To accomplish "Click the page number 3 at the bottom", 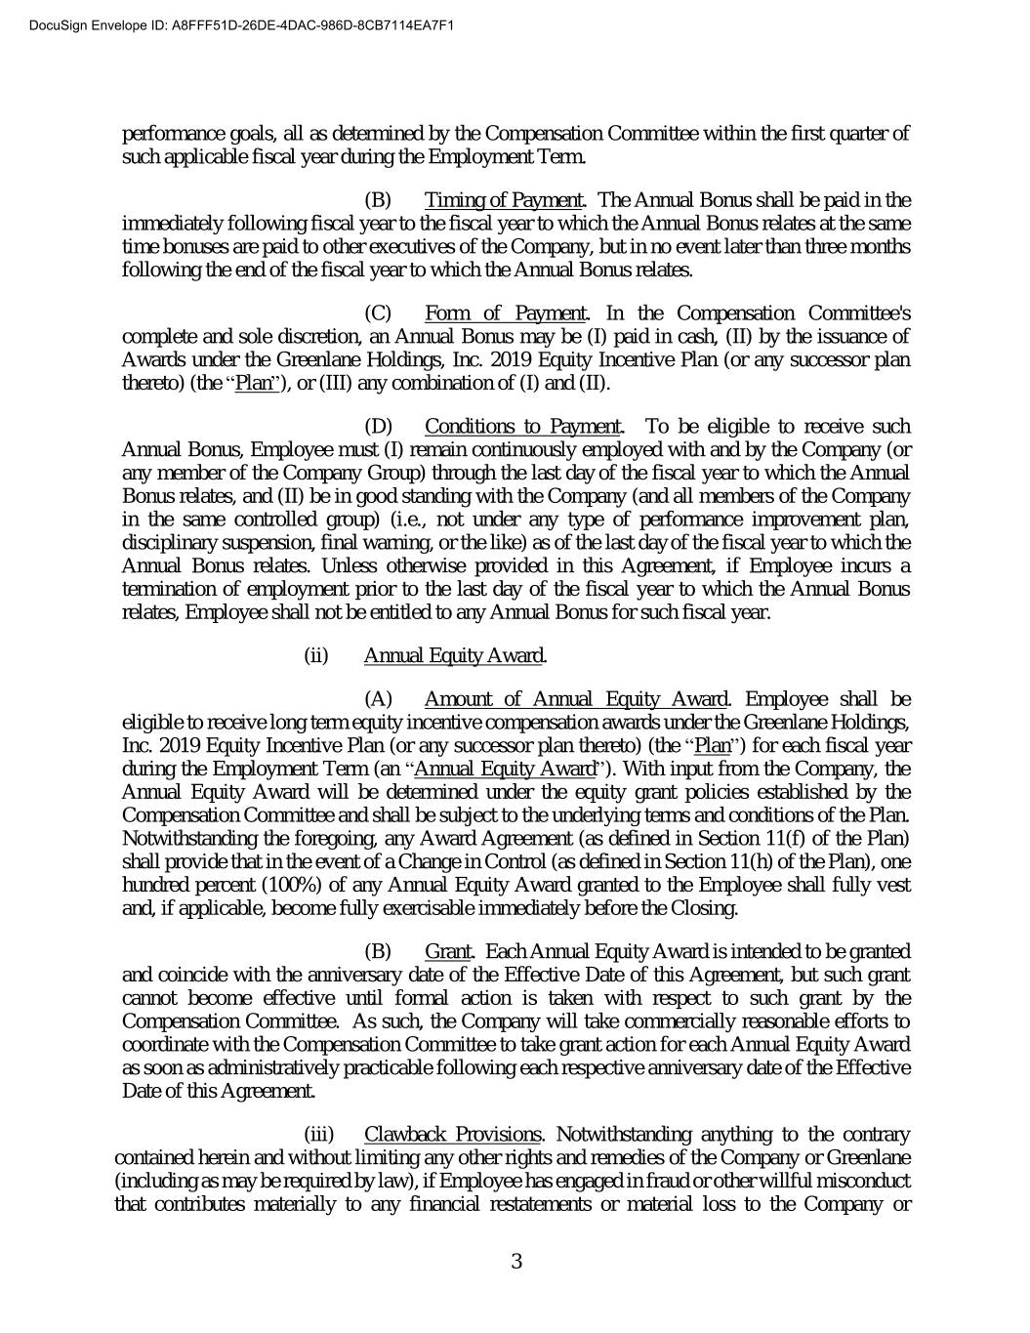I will point(515,1262).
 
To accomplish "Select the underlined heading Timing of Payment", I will point(504,200).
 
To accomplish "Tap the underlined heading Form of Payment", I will point(505,313).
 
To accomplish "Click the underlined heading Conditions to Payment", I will point(523,427).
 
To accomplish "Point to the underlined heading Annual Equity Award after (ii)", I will point(453,655).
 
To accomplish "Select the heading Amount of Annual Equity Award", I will point(576,699).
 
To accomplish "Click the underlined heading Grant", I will point(448,951).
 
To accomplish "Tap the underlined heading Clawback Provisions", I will point(452,1134).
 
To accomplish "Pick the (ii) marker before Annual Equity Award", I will point(316,655).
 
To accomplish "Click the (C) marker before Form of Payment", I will point(378,313).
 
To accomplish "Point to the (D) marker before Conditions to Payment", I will point(378,427).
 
